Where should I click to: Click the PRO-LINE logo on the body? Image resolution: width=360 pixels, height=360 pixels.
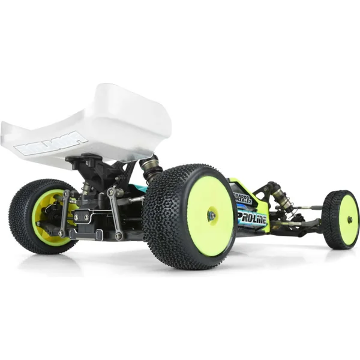[x=253, y=217]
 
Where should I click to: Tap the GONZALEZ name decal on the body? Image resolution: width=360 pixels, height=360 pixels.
[x=242, y=199]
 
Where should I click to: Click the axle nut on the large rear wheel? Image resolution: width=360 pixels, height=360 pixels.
[x=211, y=215]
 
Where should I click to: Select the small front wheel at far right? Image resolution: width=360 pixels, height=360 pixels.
[x=341, y=220]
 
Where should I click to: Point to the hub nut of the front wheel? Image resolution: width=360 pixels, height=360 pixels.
[x=349, y=218]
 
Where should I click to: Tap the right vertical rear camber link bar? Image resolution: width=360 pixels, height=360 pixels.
[x=115, y=213]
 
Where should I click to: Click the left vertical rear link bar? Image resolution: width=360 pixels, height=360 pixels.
[x=64, y=212]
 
